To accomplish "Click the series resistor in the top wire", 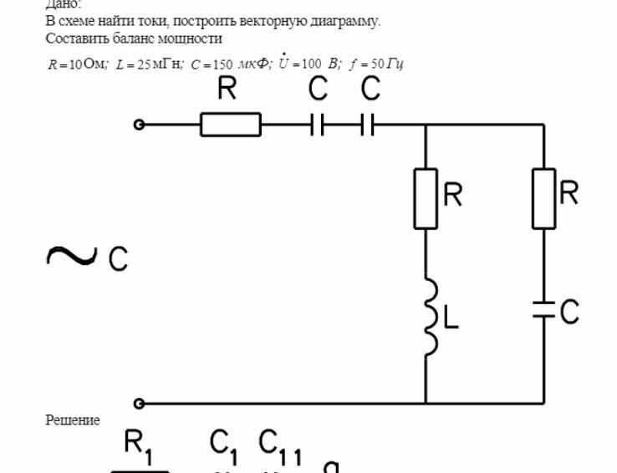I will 230,125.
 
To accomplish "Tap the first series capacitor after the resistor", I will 317,125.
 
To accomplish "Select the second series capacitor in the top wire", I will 368,125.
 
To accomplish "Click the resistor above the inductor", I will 426,199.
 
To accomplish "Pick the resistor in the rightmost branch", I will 544,199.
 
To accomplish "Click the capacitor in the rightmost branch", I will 544,311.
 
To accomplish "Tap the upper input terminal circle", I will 140,125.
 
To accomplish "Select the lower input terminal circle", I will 140,404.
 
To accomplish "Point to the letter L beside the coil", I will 451,320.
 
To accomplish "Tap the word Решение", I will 73,420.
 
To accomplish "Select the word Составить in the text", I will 73,38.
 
